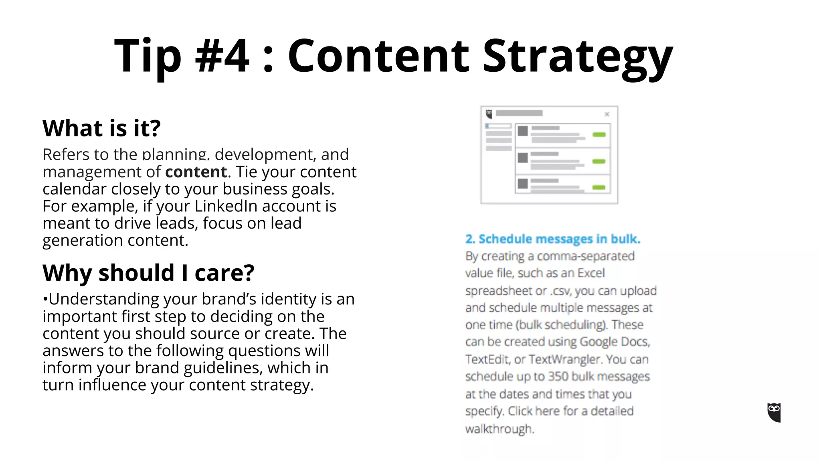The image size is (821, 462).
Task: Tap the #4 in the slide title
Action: coord(222,56)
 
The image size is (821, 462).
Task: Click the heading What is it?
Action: coord(101,128)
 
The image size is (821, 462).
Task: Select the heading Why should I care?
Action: coord(148,273)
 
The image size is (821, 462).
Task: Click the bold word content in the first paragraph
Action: coord(196,172)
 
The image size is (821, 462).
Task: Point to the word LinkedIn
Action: coord(226,206)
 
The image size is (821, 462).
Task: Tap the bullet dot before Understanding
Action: coord(45,299)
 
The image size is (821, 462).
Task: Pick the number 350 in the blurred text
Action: coord(558,377)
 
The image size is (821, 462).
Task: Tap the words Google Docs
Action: coord(614,342)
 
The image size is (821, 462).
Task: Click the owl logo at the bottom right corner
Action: coord(774,413)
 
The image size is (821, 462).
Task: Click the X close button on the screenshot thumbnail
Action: coord(607,114)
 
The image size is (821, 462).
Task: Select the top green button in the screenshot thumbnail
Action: coord(599,135)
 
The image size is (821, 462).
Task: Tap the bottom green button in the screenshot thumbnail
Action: coord(599,187)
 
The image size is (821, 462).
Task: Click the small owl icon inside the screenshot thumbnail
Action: coord(489,114)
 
